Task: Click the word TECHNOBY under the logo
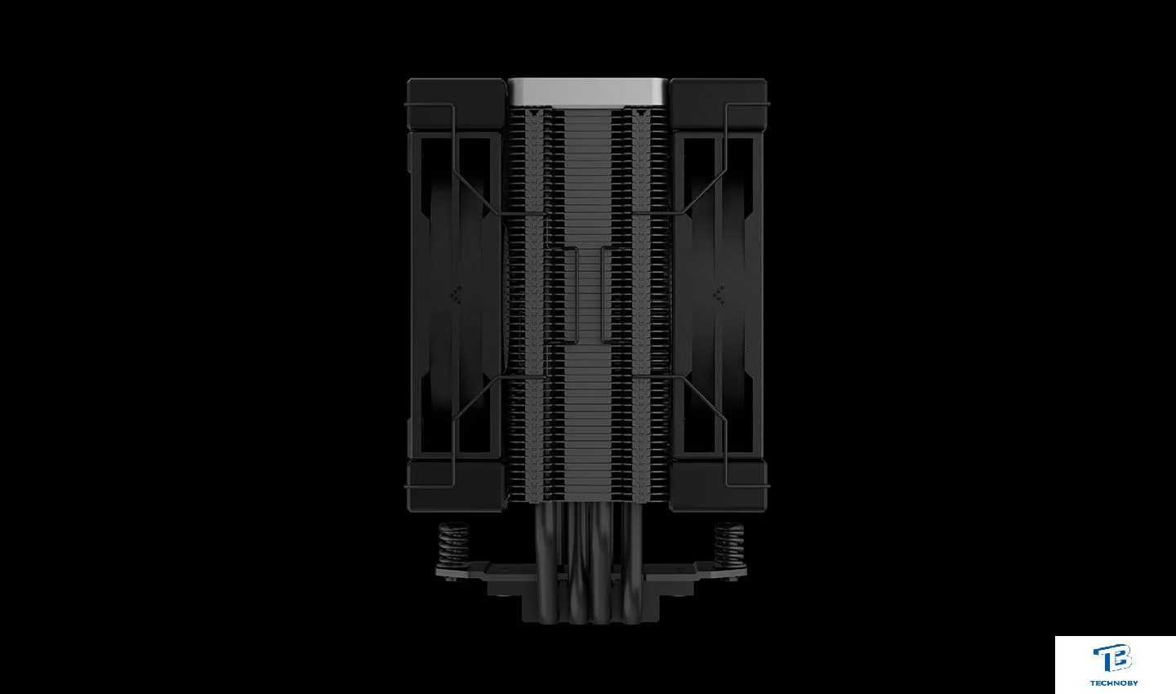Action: click(1114, 683)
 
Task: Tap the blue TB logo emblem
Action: click(1112, 659)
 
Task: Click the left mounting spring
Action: click(453, 545)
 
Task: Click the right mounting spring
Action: click(729, 545)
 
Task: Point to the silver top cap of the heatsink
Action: click(588, 92)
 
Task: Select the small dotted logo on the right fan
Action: click(720, 295)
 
